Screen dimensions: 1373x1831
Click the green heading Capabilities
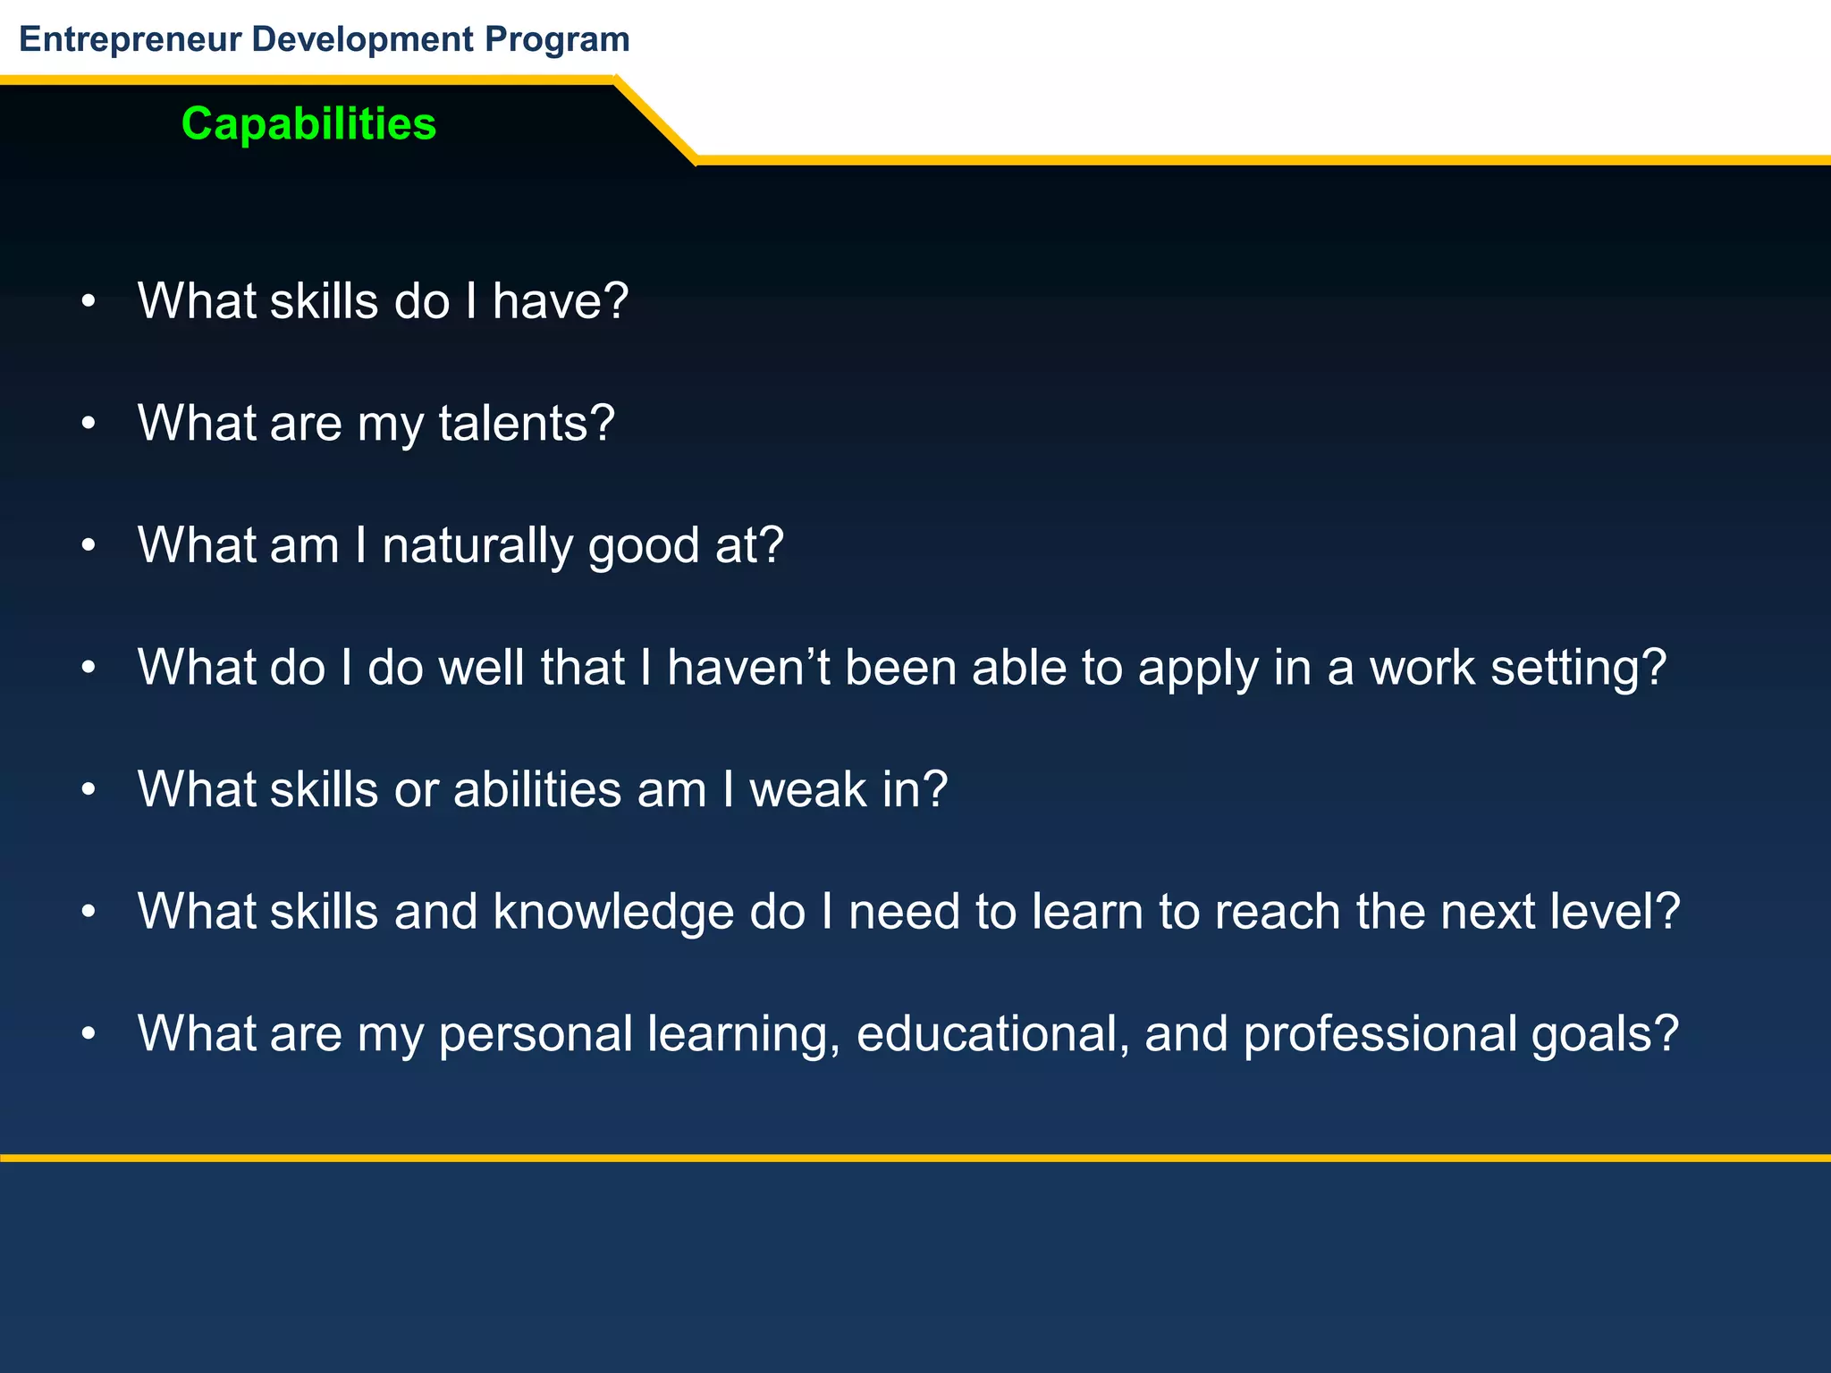(308, 123)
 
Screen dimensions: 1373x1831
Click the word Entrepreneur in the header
(131, 39)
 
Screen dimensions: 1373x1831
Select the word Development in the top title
(363, 39)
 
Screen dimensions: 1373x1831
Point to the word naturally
(477, 545)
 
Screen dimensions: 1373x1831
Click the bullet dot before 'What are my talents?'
(88, 424)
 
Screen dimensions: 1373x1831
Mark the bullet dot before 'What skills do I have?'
(88, 302)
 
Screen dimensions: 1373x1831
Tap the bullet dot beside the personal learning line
(88, 1034)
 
